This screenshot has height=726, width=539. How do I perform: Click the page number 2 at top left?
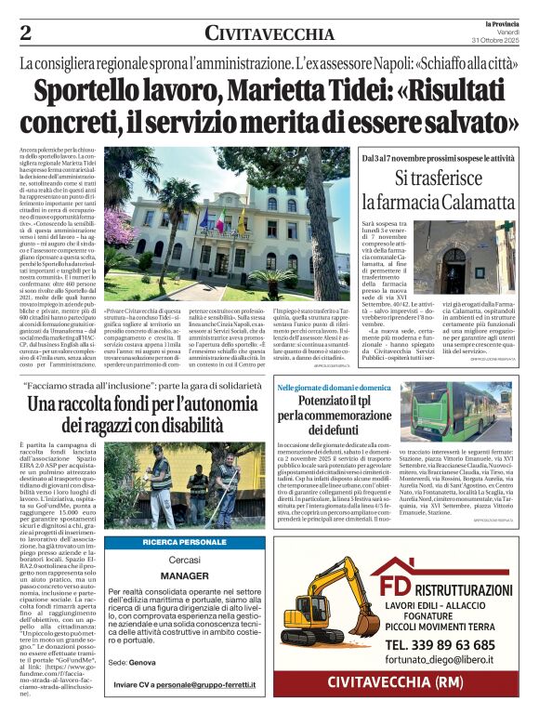click(x=25, y=33)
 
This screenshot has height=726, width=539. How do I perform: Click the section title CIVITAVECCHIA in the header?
click(x=269, y=34)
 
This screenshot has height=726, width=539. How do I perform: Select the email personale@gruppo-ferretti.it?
click(x=214, y=685)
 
